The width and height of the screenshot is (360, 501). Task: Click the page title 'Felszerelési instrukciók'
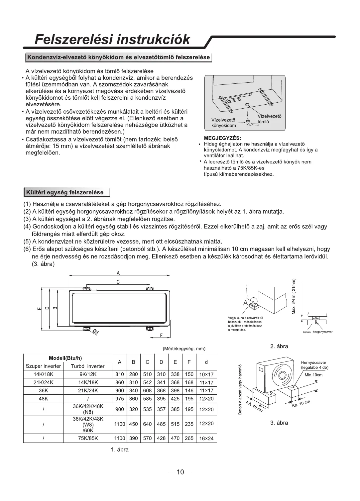pyautogui.click(x=113, y=40)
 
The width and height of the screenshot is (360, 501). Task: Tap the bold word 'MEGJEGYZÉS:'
pyautogui.click(x=222, y=138)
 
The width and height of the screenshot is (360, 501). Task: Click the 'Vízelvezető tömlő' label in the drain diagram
pyautogui.click(x=269, y=119)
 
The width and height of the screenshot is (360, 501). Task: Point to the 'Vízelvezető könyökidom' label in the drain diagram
pyautogui.click(x=223, y=122)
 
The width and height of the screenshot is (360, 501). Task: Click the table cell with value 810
pyautogui.click(x=119, y=374)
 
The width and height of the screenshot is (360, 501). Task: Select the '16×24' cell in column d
pyautogui.click(x=206, y=439)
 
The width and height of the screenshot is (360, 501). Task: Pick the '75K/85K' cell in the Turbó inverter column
pyautogui.click(x=88, y=439)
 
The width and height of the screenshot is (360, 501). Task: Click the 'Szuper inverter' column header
pyautogui.click(x=43, y=366)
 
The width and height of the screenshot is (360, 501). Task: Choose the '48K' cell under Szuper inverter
pyautogui.click(x=43, y=399)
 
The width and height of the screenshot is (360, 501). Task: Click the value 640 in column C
pyautogui.click(x=147, y=424)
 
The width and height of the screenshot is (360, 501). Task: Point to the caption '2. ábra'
pyautogui.click(x=279, y=347)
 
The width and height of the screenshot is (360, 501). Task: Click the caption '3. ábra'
pyautogui.click(x=279, y=423)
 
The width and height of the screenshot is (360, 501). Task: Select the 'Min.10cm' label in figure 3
pyautogui.click(x=313, y=375)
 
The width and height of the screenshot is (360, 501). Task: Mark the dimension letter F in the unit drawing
pyautogui.click(x=161, y=336)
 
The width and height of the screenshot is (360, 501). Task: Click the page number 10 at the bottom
pyautogui.click(x=180, y=472)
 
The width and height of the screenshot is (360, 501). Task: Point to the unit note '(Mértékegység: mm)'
pyautogui.click(x=184, y=349)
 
